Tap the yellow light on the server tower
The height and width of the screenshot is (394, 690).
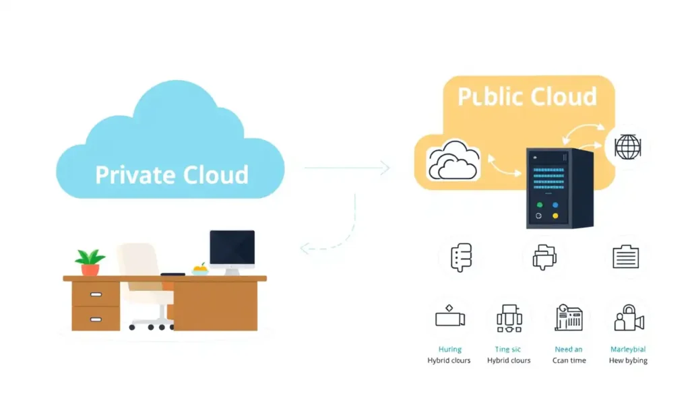click(x=555, y=216)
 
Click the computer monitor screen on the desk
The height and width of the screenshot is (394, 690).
click(x=232, y=249)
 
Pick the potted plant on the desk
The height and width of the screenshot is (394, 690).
click(x=90, y=262)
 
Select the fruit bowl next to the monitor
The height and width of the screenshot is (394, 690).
click(x=200, y=269)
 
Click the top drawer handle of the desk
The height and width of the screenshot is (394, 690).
click(x=96, y=294)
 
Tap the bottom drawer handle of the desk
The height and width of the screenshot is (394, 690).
click(x=96, y=318)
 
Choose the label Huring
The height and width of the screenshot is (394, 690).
click(x=449, y=350)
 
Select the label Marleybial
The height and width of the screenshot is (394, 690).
click(x=627, y=350)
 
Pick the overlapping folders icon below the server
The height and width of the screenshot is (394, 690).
click(x=544, y=257)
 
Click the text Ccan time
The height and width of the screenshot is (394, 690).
click(x=568, y=360)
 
